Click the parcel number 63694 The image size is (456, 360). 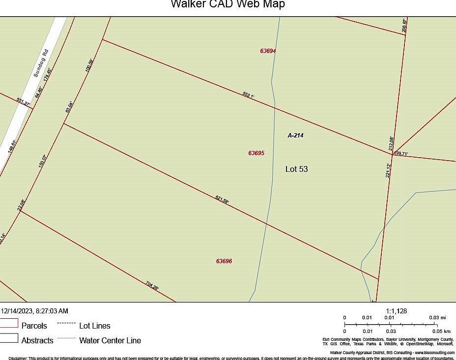pos(268,51)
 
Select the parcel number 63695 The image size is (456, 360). pos(256,153)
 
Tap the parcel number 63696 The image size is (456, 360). pos(224,261)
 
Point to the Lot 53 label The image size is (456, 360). pos(297,169)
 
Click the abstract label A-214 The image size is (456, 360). pos(295,135)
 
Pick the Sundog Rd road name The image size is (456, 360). pos(41,63)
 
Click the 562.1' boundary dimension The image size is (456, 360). pos(248,95)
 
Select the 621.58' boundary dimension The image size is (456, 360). pos(222,199)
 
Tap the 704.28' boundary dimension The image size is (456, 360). pos(152,285)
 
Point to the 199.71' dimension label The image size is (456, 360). pos(401,154)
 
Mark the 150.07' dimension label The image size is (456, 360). pos(43,162)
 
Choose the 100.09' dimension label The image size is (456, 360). pos(89,66)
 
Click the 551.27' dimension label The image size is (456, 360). pos(24,102)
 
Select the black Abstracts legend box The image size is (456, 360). pos(9,338)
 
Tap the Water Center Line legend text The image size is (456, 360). pos(110,340)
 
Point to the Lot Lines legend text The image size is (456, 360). pos(95,326)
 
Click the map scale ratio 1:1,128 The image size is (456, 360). pos(397,311)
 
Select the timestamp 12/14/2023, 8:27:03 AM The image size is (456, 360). pos(34,311)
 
